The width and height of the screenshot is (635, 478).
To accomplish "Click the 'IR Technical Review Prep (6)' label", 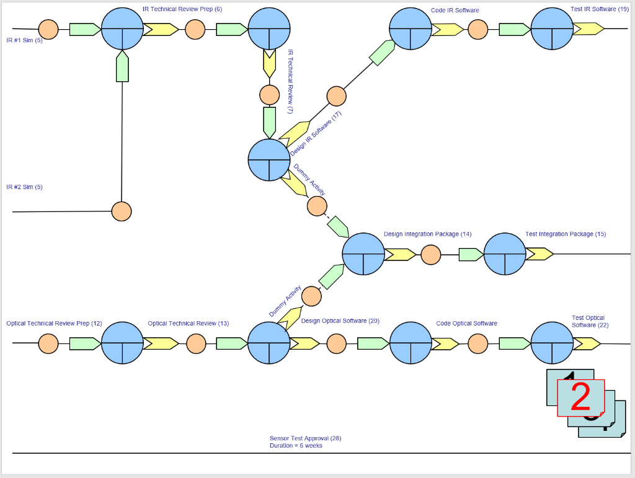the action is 182,9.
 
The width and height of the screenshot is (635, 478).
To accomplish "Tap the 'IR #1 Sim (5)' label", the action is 24,40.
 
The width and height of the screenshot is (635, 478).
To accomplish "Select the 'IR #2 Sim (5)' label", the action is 24,187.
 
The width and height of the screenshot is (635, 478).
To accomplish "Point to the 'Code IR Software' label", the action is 455,10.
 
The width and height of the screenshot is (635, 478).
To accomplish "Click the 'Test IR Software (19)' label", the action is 600,9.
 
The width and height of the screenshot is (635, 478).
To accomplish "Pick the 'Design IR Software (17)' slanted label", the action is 316,133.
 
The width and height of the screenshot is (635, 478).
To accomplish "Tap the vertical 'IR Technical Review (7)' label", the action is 290,81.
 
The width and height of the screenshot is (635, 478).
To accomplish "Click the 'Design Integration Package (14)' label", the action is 428,234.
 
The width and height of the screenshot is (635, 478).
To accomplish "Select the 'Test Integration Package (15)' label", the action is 566,234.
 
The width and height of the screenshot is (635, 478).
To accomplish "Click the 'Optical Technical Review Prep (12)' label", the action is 55,324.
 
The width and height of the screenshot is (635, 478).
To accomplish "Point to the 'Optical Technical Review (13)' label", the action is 189,324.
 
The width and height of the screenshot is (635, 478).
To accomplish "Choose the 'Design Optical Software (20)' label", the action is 340,321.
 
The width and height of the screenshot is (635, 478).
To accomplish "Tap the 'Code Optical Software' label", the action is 466,324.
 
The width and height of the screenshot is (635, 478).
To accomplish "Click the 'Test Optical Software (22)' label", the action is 590,321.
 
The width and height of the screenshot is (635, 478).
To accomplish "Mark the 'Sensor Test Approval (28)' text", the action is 305,438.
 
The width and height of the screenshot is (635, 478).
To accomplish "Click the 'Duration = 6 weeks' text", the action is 296,446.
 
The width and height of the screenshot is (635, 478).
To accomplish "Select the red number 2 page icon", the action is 581,398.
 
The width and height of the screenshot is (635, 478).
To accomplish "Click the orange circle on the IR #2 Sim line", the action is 122,211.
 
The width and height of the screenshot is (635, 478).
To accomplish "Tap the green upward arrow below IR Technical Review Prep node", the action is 122,66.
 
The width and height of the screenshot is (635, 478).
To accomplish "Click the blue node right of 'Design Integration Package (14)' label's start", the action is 363,254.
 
